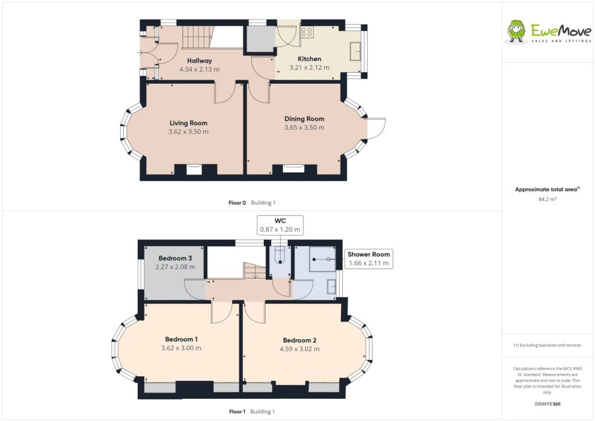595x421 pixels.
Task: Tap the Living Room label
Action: click(188, 123)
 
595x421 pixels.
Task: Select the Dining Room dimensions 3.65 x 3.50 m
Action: click(304, 127)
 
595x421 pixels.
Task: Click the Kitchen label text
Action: click(309, 59)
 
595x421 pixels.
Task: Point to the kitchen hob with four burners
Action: click(307, 32)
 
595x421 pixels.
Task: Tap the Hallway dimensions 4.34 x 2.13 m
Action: click(199, 69)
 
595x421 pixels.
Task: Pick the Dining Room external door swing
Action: click(377, 128)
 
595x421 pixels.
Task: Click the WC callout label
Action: click(281, 220)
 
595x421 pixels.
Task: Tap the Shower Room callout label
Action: click(368, 254)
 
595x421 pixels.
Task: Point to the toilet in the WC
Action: click(281, 256)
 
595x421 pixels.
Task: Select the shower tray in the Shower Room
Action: click(323, 258)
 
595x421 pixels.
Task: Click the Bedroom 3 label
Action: click(175, 258)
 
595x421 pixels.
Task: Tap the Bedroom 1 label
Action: click(181, 339)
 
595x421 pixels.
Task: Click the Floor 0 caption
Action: click(237, 202)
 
